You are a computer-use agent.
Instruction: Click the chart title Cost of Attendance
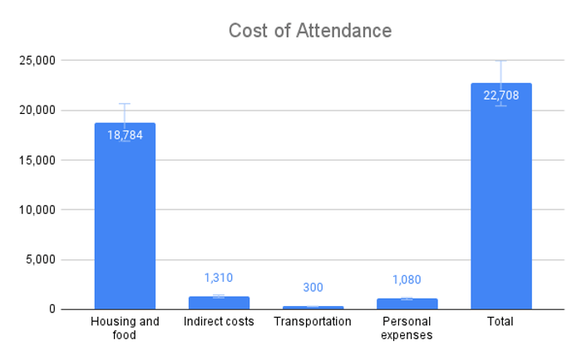click(x=310, y=31)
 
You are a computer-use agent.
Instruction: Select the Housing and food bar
click(x=125, y=216)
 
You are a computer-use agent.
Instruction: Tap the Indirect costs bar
click(x=219, y=303)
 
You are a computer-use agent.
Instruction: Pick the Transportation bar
click(x=313, y=308)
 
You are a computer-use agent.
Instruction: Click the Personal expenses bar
click(x=407, y=304)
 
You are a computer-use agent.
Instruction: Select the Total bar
click(x=501, y=196)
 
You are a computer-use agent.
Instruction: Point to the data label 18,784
click(x=125, y=135)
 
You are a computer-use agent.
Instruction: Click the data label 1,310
click(x=219, y=278)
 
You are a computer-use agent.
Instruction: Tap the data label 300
click(x=313, y=288)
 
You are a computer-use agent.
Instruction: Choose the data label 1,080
click(x=407, y=279)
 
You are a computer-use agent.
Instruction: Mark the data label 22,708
click(x=501, y=96)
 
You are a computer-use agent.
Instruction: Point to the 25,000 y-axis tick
click(x=37, y=60)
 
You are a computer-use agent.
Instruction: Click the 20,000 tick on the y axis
click(x=37, y=111)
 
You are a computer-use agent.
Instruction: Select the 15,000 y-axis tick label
click(x=37, y=160)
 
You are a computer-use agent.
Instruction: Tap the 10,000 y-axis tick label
click(x=37, y=210)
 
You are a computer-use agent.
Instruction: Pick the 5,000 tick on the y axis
click(x=41, y=259)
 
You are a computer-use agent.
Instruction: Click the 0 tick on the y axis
click(x=52, y=309)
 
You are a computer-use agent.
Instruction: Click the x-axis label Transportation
click(x=313, y=322)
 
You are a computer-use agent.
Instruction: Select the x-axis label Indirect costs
click(x=219, y=322)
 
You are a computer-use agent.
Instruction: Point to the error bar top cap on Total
click(x=501, y=61)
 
